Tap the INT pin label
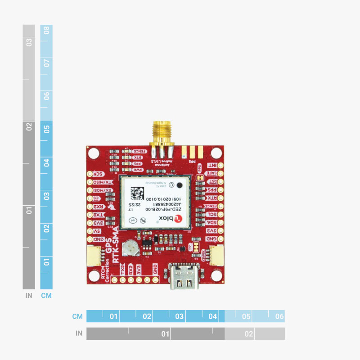click(211, 166)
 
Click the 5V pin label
click(98, 231)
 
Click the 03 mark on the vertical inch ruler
click(29, 42)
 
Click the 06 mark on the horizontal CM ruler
click(279, 316)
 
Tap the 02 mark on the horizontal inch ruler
click(248, 334)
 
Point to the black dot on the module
click(180, 184)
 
